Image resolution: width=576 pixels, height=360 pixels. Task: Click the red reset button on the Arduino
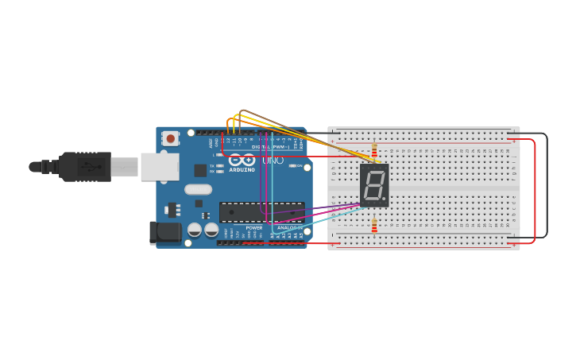pyautogui.click(x=170, y=138)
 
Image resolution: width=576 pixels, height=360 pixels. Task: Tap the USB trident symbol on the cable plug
pyautogui.click(x=89, y=167)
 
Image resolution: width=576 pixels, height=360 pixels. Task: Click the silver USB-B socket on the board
pyautogui.click(x=160, y=167)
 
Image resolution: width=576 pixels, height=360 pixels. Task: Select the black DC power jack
pyautogui.click(x=165, y=233)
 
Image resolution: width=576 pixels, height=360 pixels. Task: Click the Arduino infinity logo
pyautogui.click(x=242, y=160)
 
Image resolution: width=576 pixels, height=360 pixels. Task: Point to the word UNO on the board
pyautogui.click(x=273, y=161)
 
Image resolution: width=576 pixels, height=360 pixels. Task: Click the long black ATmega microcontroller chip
pyautogui.click(x=261, y=212)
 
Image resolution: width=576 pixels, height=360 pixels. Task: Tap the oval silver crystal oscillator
pyautogui.click(x=198, y=190)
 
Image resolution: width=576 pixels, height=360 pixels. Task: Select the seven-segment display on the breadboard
pyautogui.click(x=374, y=185)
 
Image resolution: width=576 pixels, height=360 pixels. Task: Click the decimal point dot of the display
pyautogui.click(x=385, y=199)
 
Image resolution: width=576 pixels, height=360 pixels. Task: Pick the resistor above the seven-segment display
pyautogui.click(x=374, y=151)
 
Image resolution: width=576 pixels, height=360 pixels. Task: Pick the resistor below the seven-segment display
pyautogui.click(x=374, y=226)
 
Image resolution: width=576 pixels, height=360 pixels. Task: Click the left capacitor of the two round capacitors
pyautogui.click(x=195, y=230)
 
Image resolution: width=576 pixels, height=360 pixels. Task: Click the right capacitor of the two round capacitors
pyautogui.click(x=211, y=230)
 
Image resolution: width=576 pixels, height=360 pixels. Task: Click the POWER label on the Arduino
pyautogui.click(x=253, y=227)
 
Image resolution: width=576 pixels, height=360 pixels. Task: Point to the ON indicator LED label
pyautogui.click(x=300, y=166)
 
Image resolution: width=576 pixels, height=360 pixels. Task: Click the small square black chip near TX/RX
pyautogui.click(x=200, y=170)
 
